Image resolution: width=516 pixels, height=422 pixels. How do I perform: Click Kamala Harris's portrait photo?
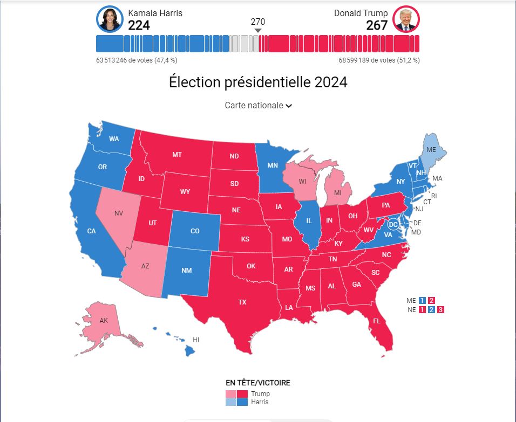(x=110, y=19)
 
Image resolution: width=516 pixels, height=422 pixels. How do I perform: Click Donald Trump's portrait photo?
(x=406, y=19)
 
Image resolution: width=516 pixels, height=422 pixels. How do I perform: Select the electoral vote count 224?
(x=139, y=25)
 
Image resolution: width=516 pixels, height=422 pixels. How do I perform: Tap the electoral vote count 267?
(x=377, y=25)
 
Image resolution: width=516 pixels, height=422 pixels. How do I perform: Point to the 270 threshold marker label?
(x=258, y=22)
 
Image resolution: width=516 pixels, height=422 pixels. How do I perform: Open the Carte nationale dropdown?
(x=258, y=106)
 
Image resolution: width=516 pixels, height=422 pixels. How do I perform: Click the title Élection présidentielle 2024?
(x=258, y=82)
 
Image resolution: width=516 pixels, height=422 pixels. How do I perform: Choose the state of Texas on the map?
(x=242, y=302)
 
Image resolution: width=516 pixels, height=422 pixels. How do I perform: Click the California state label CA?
(x=92, y=231)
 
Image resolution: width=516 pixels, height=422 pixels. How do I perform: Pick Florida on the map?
(x=376, y=321)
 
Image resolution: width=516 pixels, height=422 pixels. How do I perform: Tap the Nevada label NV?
(x=118, y=213)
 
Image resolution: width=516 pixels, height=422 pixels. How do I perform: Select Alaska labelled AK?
(x=104, y=321)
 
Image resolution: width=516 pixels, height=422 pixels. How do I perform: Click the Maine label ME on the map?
(x=431, y=149)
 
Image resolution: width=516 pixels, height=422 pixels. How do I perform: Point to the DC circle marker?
(x=393, y=224)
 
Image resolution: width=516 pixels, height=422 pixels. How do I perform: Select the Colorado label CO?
(x=195, y=231)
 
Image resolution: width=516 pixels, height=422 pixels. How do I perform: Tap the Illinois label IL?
(x=309, y=221)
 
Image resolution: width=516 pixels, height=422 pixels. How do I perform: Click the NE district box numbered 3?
(x=440, y=309)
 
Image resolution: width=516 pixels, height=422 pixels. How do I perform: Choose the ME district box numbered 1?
(x=422, y=300)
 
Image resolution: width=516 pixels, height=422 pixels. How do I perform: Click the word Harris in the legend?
(x=260, y=402)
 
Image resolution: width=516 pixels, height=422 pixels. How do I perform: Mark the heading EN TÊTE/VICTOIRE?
(x=258, y=383)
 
